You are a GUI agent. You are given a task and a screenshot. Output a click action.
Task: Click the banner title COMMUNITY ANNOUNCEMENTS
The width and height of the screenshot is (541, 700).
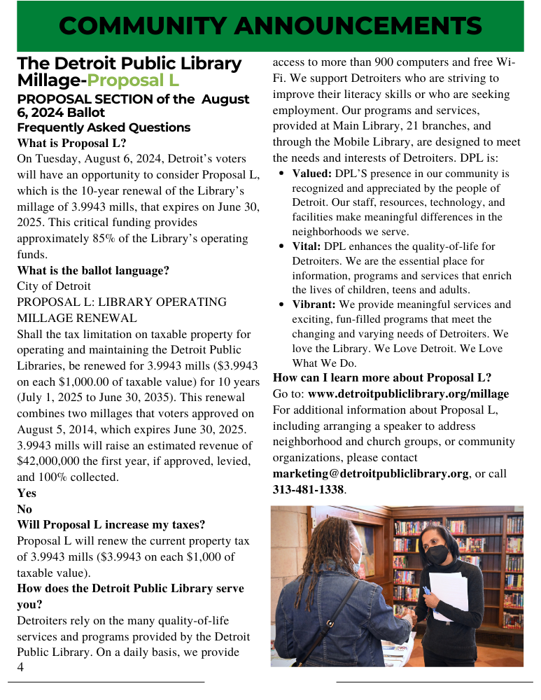[x=270, y=26]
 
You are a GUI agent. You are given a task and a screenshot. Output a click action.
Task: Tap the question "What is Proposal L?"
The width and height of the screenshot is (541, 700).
[x=71, y=143]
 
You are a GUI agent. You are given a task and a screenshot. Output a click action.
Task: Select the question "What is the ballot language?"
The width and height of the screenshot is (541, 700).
[x=93, y=270]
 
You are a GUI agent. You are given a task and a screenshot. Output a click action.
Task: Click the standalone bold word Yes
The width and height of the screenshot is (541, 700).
[x=27, y=493]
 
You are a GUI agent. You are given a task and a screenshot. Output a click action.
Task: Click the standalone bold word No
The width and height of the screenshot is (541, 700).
[x=24, y=509]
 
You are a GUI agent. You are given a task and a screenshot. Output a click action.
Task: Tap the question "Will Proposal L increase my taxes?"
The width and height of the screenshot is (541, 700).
[x=111, y=525]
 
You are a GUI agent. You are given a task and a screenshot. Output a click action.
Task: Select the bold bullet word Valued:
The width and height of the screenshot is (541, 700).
[x=311, y=173]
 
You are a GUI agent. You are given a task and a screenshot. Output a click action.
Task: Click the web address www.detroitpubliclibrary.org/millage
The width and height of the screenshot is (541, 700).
[x=408, y=394]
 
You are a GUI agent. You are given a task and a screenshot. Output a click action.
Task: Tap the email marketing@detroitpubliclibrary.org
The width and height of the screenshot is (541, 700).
[x=370, y=474]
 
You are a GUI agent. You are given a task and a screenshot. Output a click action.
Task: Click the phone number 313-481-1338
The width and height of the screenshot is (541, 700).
[x=308, y=490]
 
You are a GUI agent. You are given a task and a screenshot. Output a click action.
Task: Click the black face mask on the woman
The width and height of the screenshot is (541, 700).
[x=437, y=556]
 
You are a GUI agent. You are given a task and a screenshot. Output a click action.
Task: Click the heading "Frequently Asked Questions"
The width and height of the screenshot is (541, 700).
[x=104, y=127]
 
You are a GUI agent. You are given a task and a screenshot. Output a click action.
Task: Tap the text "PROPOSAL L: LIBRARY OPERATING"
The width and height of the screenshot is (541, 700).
[x=122, y=302]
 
